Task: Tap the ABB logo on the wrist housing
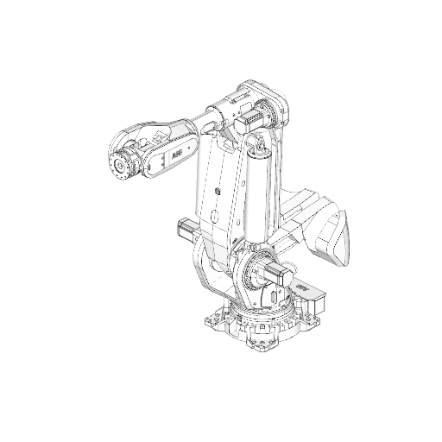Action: coord(175,152)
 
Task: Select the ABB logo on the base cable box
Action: coord(301,284)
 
